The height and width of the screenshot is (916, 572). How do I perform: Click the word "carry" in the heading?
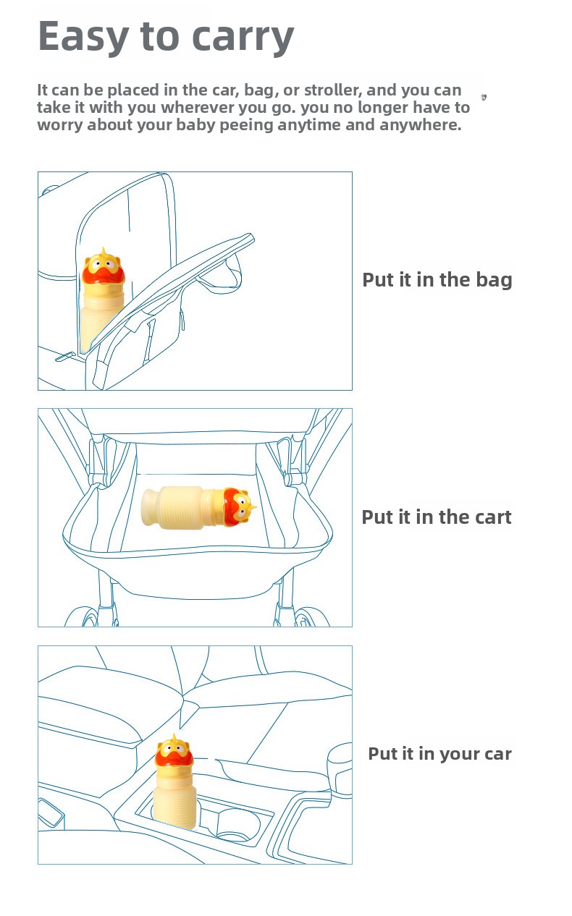[x=243, y=38]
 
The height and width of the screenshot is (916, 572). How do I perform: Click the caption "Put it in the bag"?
[x=437, y=281]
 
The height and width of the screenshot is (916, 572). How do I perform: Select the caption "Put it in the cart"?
[x=437, y=517]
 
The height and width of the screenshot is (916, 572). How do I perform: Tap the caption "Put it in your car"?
[x=439, y=754]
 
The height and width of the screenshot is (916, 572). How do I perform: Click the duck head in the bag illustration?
[x=103, y=266]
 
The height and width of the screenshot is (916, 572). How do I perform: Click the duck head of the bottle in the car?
[x=174, y=752]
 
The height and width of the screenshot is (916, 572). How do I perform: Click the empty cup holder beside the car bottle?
[x=238, y=825]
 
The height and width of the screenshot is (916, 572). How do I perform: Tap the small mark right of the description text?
[x=484, y=97]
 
